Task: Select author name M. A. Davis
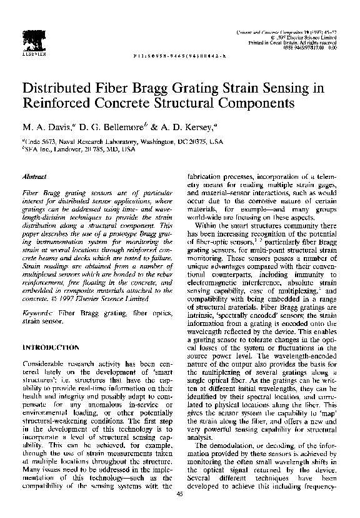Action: pyautogui.click(x=49, y=126)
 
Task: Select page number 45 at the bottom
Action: pyautogui.click(x=180, y=495)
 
